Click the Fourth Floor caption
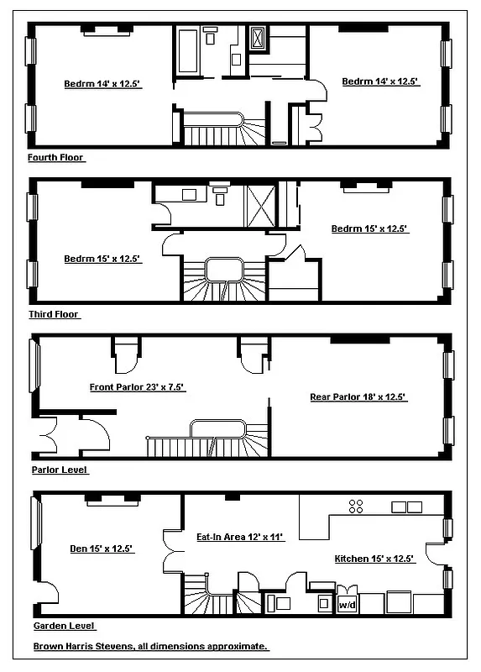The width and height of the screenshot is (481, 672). point(56,157)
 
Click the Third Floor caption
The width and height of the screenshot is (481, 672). point(54,314)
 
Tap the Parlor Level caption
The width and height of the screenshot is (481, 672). point(59,470)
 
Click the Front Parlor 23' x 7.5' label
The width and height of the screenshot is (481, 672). point(137,387)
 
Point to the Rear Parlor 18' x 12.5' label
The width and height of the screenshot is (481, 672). point(358,395)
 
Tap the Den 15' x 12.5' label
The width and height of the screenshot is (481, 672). point(100,549)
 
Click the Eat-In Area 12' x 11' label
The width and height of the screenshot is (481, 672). point(240,538)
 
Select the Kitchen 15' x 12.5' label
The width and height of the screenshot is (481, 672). point(374,559)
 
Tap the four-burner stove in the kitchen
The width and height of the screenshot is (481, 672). point(356,506)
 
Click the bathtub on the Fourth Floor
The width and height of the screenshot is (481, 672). point(187,51)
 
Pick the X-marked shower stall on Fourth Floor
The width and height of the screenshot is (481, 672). point(258,38)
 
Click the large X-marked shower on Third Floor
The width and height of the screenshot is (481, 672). point(259,204)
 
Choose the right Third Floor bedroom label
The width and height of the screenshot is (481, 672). point(369,228)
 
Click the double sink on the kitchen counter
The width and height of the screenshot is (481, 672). point(406,507)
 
